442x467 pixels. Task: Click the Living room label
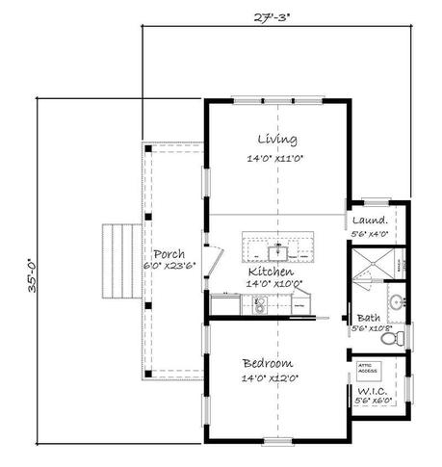(x=275, y=139)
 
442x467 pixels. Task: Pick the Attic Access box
(x=367, y=368)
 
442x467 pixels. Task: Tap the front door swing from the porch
(x=218, y=257)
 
